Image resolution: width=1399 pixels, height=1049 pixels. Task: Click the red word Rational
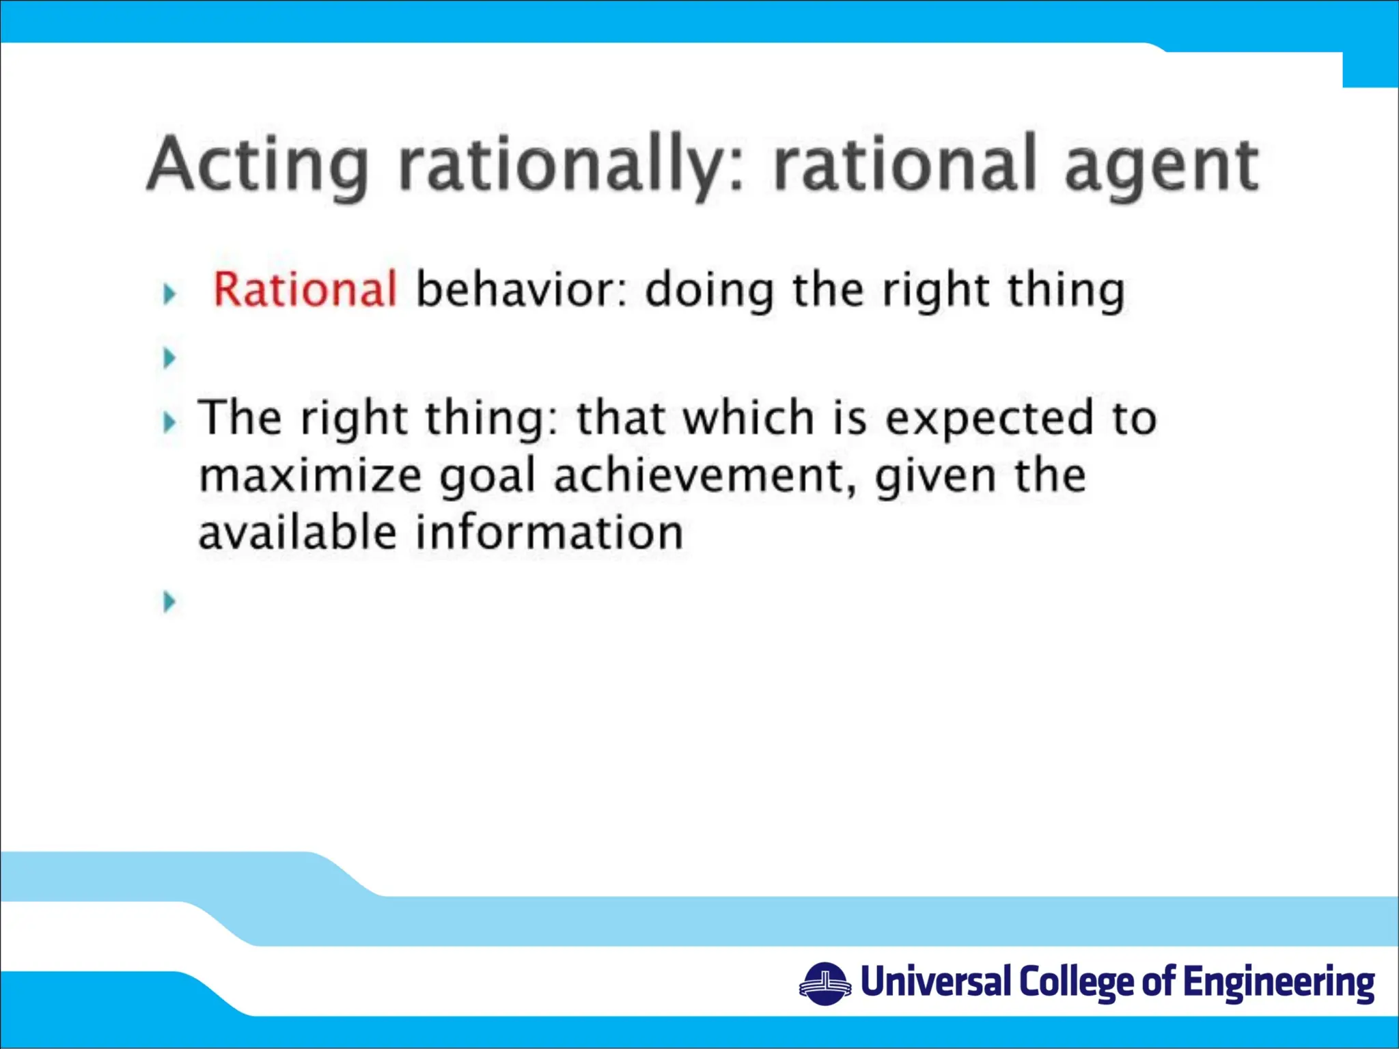[305, 290]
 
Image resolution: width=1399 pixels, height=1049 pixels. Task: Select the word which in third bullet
[749, 417]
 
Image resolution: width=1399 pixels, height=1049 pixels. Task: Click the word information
[549, 533]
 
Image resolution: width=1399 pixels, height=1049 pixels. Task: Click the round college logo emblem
[825, 984]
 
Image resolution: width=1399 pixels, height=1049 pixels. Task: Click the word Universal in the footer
[935, 981]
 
